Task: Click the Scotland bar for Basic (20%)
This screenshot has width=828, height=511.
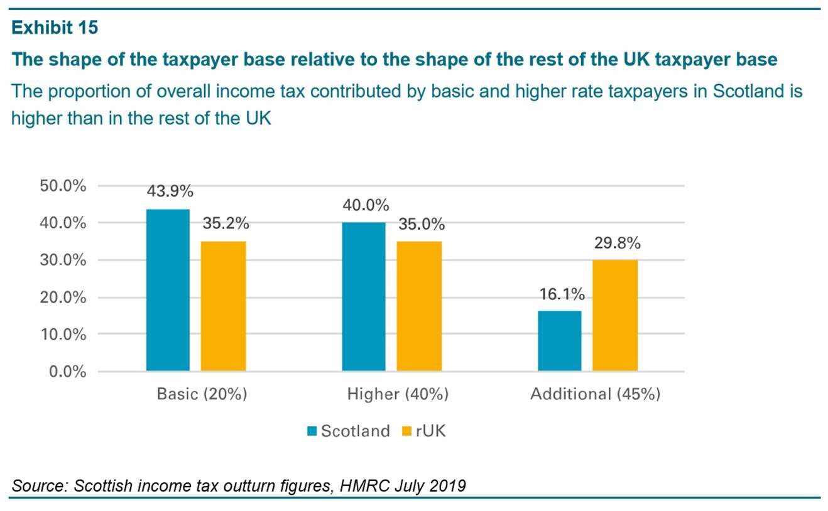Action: pos(168,290)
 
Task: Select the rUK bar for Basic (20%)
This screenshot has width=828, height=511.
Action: pos(224,306)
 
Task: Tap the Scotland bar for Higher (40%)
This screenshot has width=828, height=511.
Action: pos(364,296)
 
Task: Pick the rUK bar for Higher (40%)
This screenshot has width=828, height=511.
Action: pos(419,306)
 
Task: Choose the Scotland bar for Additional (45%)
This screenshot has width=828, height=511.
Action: pos(560,341)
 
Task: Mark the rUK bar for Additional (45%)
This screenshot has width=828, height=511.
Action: pos(615,316)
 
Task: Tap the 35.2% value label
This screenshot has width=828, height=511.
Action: pos(225,223)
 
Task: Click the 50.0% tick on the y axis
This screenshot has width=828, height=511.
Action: pos(62,186)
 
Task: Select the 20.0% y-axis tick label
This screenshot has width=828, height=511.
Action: pos(62,298)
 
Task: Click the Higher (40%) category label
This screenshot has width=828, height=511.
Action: pos(398,394)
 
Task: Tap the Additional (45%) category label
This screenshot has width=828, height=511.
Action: pos(595,394)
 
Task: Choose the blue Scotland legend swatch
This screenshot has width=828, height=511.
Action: pos(312,431)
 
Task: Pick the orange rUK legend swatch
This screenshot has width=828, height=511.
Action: pos(406,431)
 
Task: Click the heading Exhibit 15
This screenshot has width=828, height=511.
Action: pos(55,28)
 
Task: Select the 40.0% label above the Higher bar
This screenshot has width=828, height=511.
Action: pos(366,206)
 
